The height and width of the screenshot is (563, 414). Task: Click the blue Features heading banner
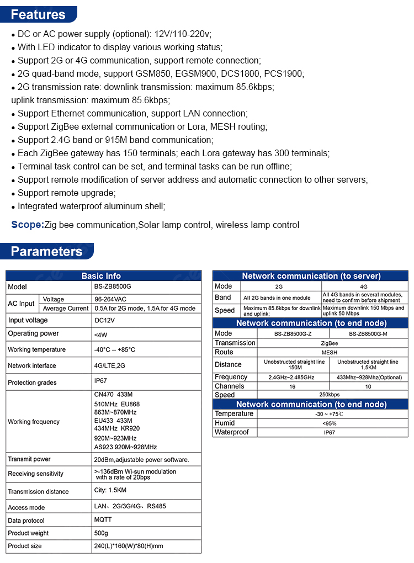(x=39, y=14)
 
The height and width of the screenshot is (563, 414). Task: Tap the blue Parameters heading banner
(x=47, y=252)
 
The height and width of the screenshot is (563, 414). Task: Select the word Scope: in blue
(x=28, y=225)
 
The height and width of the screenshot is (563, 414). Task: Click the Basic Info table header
(x=101, y=276)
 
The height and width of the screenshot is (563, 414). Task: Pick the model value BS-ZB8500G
(x=113, y=287)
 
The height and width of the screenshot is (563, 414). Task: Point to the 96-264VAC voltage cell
(x=110, y=299)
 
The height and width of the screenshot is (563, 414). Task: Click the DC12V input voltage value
(x=104, y=320)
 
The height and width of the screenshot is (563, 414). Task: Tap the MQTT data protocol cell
(x=103, y=520)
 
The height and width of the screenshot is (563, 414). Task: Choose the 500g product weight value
(x=101, y=533)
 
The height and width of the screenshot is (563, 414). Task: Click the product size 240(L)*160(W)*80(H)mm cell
(x=129, y=546)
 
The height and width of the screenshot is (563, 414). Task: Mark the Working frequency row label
(x=34, y=422)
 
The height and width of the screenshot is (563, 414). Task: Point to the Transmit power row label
(x=29, y=459)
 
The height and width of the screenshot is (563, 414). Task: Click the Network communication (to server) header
(x=311, y=276)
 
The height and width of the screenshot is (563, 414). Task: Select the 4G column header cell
(x=364, y=286)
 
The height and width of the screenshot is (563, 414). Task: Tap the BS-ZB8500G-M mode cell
(x=369, y=334)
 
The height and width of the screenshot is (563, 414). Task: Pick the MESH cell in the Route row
(x=330, y=352)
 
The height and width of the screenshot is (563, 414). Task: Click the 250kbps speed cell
(x=330, y=395)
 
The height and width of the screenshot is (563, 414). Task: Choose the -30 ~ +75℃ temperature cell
(x=330, y=414)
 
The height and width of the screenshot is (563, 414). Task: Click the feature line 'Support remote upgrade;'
(x=67, y=193)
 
